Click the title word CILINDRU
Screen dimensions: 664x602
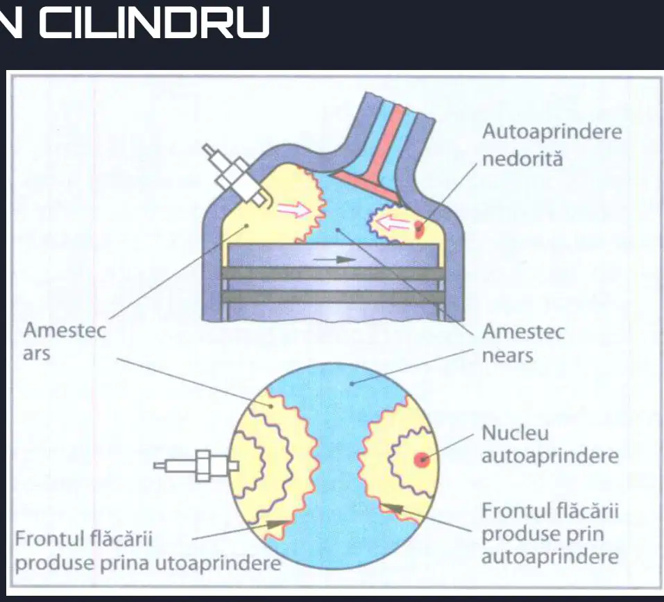[x=155, y=22]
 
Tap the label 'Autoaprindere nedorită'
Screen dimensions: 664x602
[x=552, y=145]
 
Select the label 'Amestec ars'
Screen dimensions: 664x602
[x=65, y=341]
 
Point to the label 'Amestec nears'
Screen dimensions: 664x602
[x=523, y=343]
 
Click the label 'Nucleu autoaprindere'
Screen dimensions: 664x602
[x=550, y=444]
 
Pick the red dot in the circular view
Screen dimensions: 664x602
[x=421, y=459]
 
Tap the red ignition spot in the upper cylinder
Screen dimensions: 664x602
[x=418, y=229]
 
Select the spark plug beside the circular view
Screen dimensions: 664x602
[x=196, y=465]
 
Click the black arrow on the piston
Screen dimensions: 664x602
[x=334, y=259]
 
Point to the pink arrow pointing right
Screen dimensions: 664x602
[x=294, y=209]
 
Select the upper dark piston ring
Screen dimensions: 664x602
[x=333, y=273]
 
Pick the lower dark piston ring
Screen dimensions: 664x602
[x=333, y=297]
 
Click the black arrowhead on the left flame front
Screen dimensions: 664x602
[x=277, y=524]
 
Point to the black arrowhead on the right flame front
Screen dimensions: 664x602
[x=393, y=507]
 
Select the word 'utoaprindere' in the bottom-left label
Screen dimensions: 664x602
[x=218, y=563]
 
